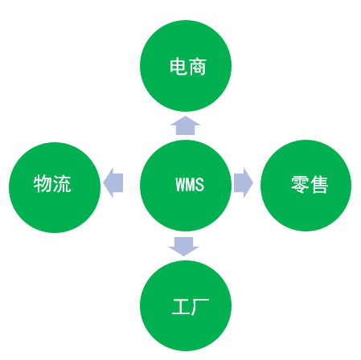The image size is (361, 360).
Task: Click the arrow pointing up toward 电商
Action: coord(185,125)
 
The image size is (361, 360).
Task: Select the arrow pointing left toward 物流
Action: coord(113,183)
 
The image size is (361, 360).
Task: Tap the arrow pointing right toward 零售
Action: coord(244,183)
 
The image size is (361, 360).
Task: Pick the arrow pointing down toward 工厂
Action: coord(184,247)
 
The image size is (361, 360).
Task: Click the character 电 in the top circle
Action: coord(178,67)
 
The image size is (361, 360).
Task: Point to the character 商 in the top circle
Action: coord(197,67)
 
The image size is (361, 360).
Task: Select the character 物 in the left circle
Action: coord(43,183)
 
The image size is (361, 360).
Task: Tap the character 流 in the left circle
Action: coord(62,183)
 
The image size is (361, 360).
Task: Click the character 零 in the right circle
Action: coord(300,185)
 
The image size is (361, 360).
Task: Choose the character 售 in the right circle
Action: coord(319,185)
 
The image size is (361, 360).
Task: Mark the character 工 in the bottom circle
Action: coord(181,307)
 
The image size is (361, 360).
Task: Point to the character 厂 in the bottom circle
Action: coord(200,307)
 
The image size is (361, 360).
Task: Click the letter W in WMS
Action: coord(180,184)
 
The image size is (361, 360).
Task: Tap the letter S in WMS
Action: coord(199,184)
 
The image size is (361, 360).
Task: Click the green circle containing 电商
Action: coord(186,66)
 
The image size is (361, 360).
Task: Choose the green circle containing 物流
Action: coord(55,187)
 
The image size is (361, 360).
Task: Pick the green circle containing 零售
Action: coord(306,186)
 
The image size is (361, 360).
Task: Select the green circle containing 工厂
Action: coord(186,305)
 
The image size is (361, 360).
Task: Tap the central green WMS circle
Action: coord(186,186)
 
